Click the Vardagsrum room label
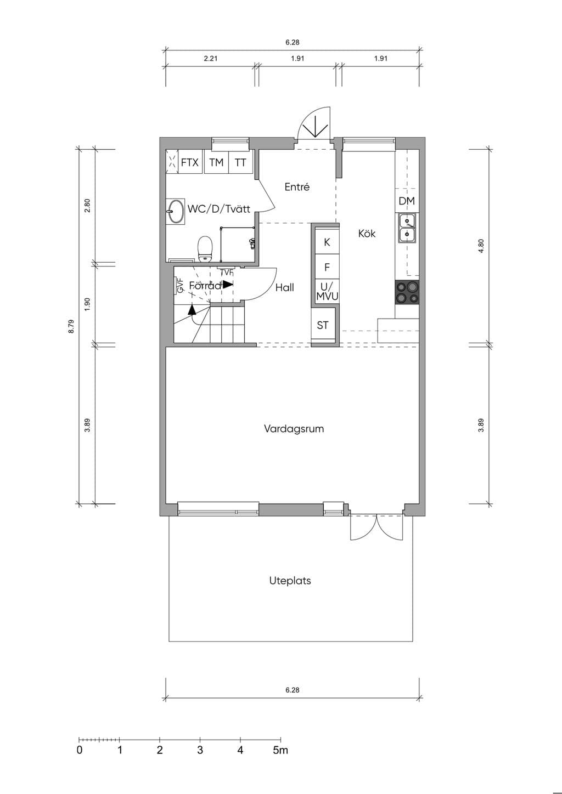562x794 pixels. pos(294,429)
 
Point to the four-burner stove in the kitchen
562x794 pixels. pos(407,292)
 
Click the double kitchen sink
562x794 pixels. pos(407,228)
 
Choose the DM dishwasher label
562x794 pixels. pos(407,201)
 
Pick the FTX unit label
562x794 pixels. pos(189,162)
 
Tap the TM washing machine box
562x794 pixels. pos(216,162)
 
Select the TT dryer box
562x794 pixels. pos(240,162)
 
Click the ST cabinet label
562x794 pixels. pos(323,325)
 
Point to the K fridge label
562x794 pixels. pos(327,242)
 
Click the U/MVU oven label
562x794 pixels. pos(327,291)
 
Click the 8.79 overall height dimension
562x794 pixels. pos(71,326)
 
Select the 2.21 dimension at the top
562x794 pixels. pos(210,59)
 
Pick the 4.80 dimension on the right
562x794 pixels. pos(481,246)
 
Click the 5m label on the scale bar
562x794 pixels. pos(280,750)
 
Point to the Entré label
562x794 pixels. pos(297,187)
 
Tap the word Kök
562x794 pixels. pos(367,233)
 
